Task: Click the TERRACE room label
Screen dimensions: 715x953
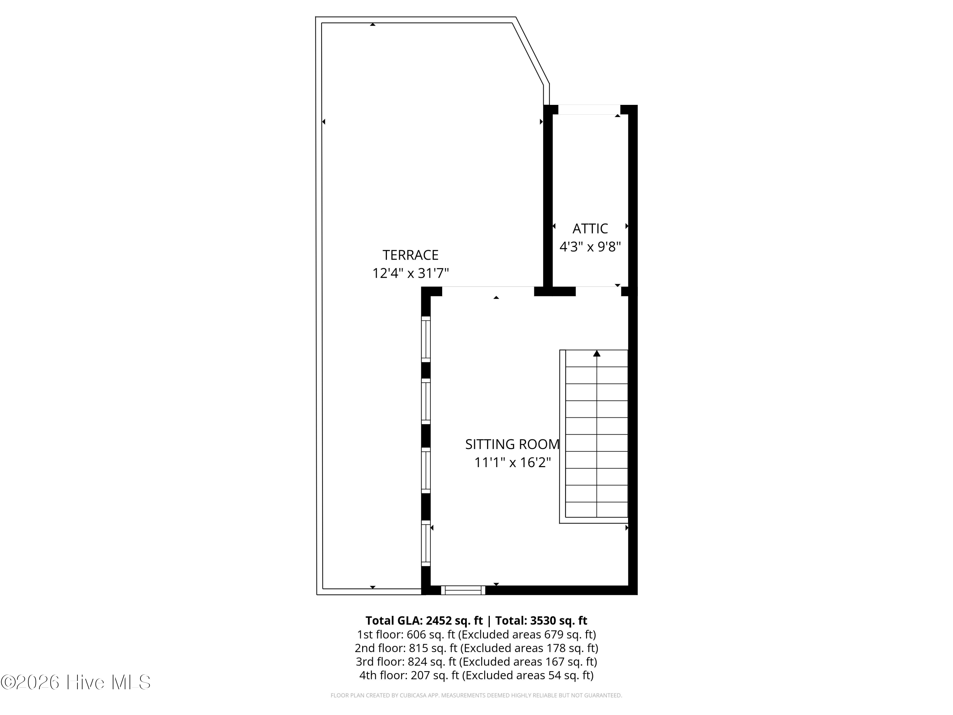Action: coord(410,255)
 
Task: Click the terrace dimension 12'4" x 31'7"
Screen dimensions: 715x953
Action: coord(410,273)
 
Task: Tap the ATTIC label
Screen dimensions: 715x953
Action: coord(590,228)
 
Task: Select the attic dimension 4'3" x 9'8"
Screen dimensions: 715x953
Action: coord(590,247)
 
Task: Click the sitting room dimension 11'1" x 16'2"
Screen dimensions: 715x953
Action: coord(512,462)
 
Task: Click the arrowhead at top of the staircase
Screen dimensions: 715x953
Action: coord(597,353)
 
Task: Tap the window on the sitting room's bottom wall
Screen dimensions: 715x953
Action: coord(463,590)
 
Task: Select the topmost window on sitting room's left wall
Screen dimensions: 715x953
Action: coord(426,339)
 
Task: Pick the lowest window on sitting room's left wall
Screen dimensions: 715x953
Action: coord(426,543)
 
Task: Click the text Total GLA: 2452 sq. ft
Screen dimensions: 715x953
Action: coord(424,621)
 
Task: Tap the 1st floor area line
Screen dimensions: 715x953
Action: coord(476,634)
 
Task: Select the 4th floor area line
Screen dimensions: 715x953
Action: coord(476,675)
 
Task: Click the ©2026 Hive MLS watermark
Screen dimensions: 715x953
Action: coord(76,682)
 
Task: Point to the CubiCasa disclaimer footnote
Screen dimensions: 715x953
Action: coord(476,695)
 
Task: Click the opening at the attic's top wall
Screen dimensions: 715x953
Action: coord(589,109)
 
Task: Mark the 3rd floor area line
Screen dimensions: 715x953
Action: coord(476,662)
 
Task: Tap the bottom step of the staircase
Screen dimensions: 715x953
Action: coord(597,510)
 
